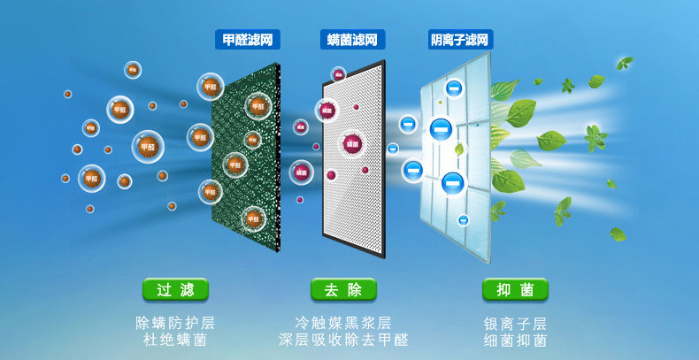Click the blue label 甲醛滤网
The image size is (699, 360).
(247, 40)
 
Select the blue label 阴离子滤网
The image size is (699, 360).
(460, 40)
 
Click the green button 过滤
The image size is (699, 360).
(175, 290)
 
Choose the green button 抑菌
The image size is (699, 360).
(515, 290)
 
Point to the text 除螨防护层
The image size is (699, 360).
(175, 323)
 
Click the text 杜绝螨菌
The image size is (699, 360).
(175, 341)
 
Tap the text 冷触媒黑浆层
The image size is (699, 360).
(343, 323)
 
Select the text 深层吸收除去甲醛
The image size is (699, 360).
(343, 341)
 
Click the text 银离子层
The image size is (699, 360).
(515, 323)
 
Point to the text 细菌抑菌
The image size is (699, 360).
(515, 341)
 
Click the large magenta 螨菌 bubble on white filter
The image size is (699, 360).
(353, 143)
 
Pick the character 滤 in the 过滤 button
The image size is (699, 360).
(186, 290)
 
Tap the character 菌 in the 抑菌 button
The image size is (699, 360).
(526, 290)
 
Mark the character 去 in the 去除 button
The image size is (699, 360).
(331, 290)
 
